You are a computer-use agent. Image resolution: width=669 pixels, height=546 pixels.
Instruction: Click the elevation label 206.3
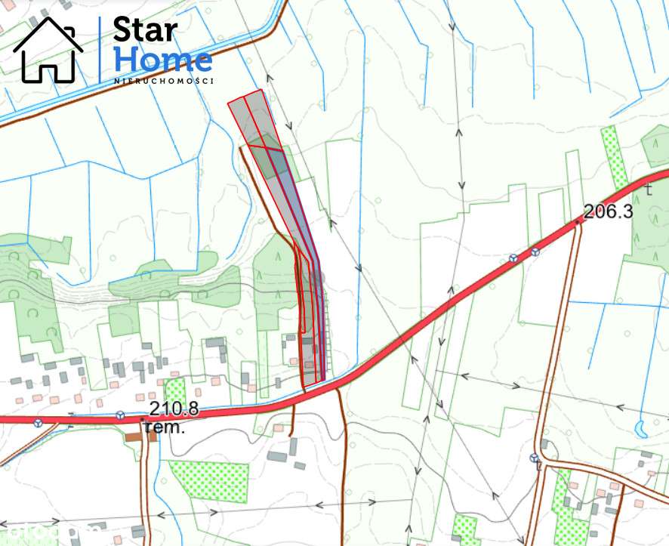[x=609, y=211]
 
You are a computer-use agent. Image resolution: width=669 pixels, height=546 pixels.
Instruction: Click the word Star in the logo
[x=146, y=31]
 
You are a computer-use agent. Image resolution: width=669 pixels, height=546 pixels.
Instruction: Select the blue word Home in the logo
[x=162, y=60]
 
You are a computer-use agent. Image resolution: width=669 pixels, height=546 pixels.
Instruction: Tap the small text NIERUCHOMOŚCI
[x=164, y=80]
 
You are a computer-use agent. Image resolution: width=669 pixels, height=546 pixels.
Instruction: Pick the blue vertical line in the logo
[x=100, y=50]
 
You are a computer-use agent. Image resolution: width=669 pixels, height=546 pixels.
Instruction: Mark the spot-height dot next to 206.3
[x=578, y=221]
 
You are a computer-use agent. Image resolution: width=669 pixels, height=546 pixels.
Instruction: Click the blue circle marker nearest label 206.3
[x=535, y=252]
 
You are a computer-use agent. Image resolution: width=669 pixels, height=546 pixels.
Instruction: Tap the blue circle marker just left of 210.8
[x=120, y=415]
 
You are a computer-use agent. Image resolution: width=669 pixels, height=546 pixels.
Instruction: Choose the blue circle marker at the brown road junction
[x=535, y=458]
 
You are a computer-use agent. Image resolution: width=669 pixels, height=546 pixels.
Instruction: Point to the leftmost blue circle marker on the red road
[x=38, y=421]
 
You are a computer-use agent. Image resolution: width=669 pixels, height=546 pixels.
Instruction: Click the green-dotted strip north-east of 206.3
[x=615, y=157]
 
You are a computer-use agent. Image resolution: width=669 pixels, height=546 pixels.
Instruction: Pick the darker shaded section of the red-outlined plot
[x=269, y=156]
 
